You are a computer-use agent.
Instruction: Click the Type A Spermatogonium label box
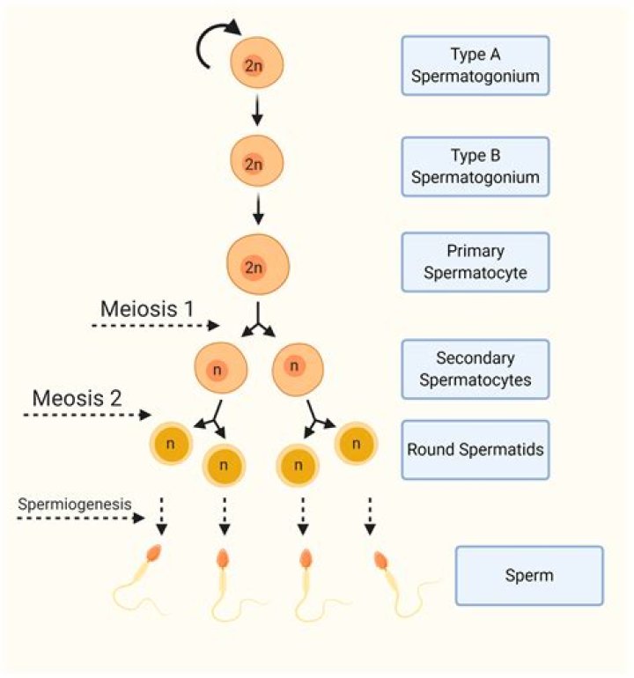click(x=475, y=65)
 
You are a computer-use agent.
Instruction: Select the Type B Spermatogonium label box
click(x=475, y=166)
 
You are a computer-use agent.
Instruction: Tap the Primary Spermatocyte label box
click(x=475, y=262)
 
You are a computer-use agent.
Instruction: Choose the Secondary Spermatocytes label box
click(x=475, y=370)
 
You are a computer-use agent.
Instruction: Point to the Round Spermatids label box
click(x=475, y=449)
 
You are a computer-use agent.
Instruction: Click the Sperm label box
click(x=529, y=576)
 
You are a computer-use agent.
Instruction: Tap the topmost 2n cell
click(x=254, y=64)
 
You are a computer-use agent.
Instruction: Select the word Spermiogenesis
click(x=75, y=504)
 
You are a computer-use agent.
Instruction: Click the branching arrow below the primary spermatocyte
click(x=256, y=321)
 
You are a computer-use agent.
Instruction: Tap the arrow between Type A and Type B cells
click(x=254, y=112)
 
